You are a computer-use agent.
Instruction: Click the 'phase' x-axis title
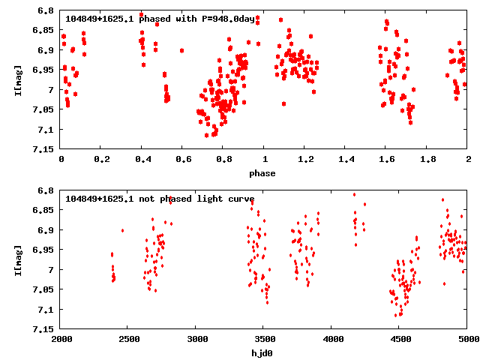[x=262, y=173]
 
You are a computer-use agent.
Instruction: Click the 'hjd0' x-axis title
[x=262, y=353]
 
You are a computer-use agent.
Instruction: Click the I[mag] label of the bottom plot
[x=20, y=259]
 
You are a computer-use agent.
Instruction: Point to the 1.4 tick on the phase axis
[x=346, y=160]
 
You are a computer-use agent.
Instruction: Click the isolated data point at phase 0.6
[x=182, y=50]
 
